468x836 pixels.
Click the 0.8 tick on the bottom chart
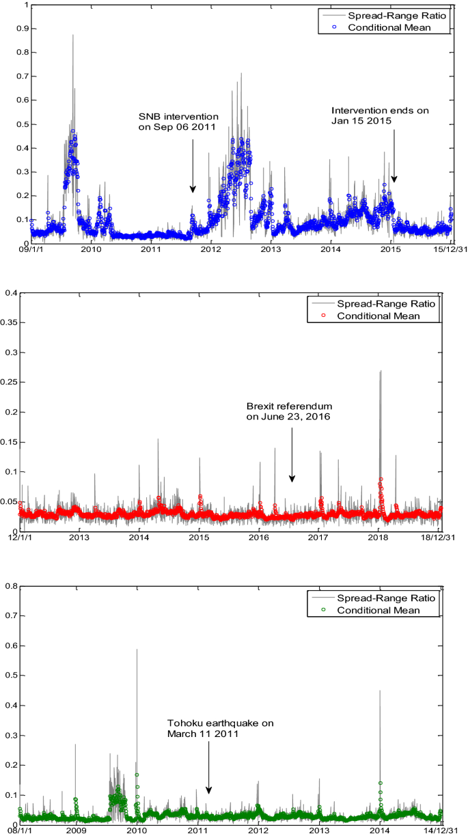[x=11, y=585]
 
